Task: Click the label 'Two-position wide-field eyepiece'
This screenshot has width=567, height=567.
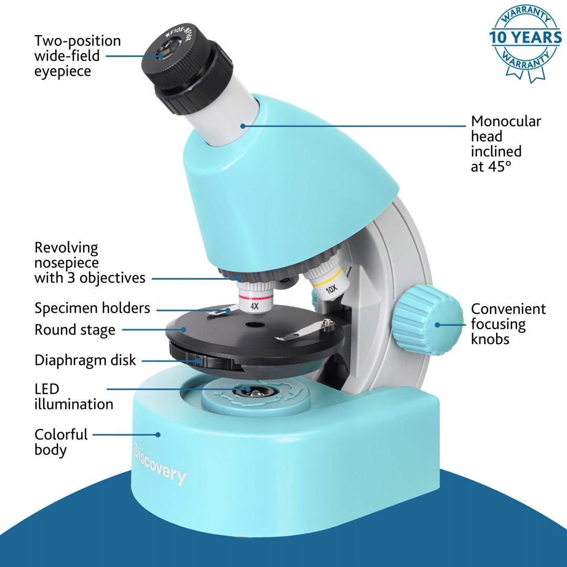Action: [77, 56]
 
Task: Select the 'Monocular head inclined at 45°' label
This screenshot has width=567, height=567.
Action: [505, 144]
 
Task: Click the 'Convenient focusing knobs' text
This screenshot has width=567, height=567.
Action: [508, 324]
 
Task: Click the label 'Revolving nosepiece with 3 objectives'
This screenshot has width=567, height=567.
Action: [89, 262]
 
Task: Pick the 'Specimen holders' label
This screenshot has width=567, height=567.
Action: [92, 308]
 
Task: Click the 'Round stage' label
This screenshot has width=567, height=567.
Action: [75, 330]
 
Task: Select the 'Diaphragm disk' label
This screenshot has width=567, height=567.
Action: [85, 360]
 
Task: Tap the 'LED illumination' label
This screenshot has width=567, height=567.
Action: [73, 396]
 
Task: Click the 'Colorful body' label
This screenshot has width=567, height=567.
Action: [61, 442]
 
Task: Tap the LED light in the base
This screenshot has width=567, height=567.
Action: [252, 391]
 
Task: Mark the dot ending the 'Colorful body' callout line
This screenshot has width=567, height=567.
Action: [157, 434]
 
